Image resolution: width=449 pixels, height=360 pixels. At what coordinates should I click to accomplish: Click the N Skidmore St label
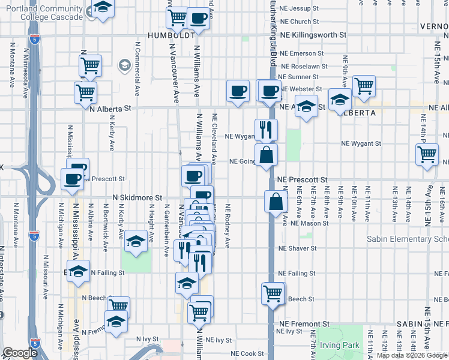[x=137, y=197]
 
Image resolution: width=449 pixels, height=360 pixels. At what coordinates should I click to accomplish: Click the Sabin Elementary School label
[x=408, y=239]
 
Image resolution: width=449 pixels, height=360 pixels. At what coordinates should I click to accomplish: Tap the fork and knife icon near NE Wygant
[x=266, y=129]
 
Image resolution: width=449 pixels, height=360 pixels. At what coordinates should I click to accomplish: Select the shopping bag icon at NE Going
[x=266, y=155]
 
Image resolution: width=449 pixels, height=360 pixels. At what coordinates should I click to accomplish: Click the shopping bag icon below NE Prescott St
[x=276, y=202]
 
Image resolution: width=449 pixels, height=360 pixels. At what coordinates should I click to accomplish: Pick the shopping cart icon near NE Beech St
[x=273, y=294]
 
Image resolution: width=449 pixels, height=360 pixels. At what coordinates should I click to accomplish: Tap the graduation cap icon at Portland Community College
[x=103, y=8]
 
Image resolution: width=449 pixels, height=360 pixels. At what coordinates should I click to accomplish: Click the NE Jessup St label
[x=306, y=8]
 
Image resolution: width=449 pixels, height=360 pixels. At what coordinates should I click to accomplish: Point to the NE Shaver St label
[x=297, y=248]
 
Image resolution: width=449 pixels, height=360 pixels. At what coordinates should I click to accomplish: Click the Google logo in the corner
[x=19, y=353]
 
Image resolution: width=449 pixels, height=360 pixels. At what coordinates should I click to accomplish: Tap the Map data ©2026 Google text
[x=412, y=355]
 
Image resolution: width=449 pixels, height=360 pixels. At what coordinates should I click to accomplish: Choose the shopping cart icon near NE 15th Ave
[x=427, y=154]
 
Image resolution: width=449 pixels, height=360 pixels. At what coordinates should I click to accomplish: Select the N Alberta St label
[x=110, y=109]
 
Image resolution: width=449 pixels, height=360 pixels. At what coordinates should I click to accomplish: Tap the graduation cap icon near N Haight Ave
[x=136, y=242]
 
